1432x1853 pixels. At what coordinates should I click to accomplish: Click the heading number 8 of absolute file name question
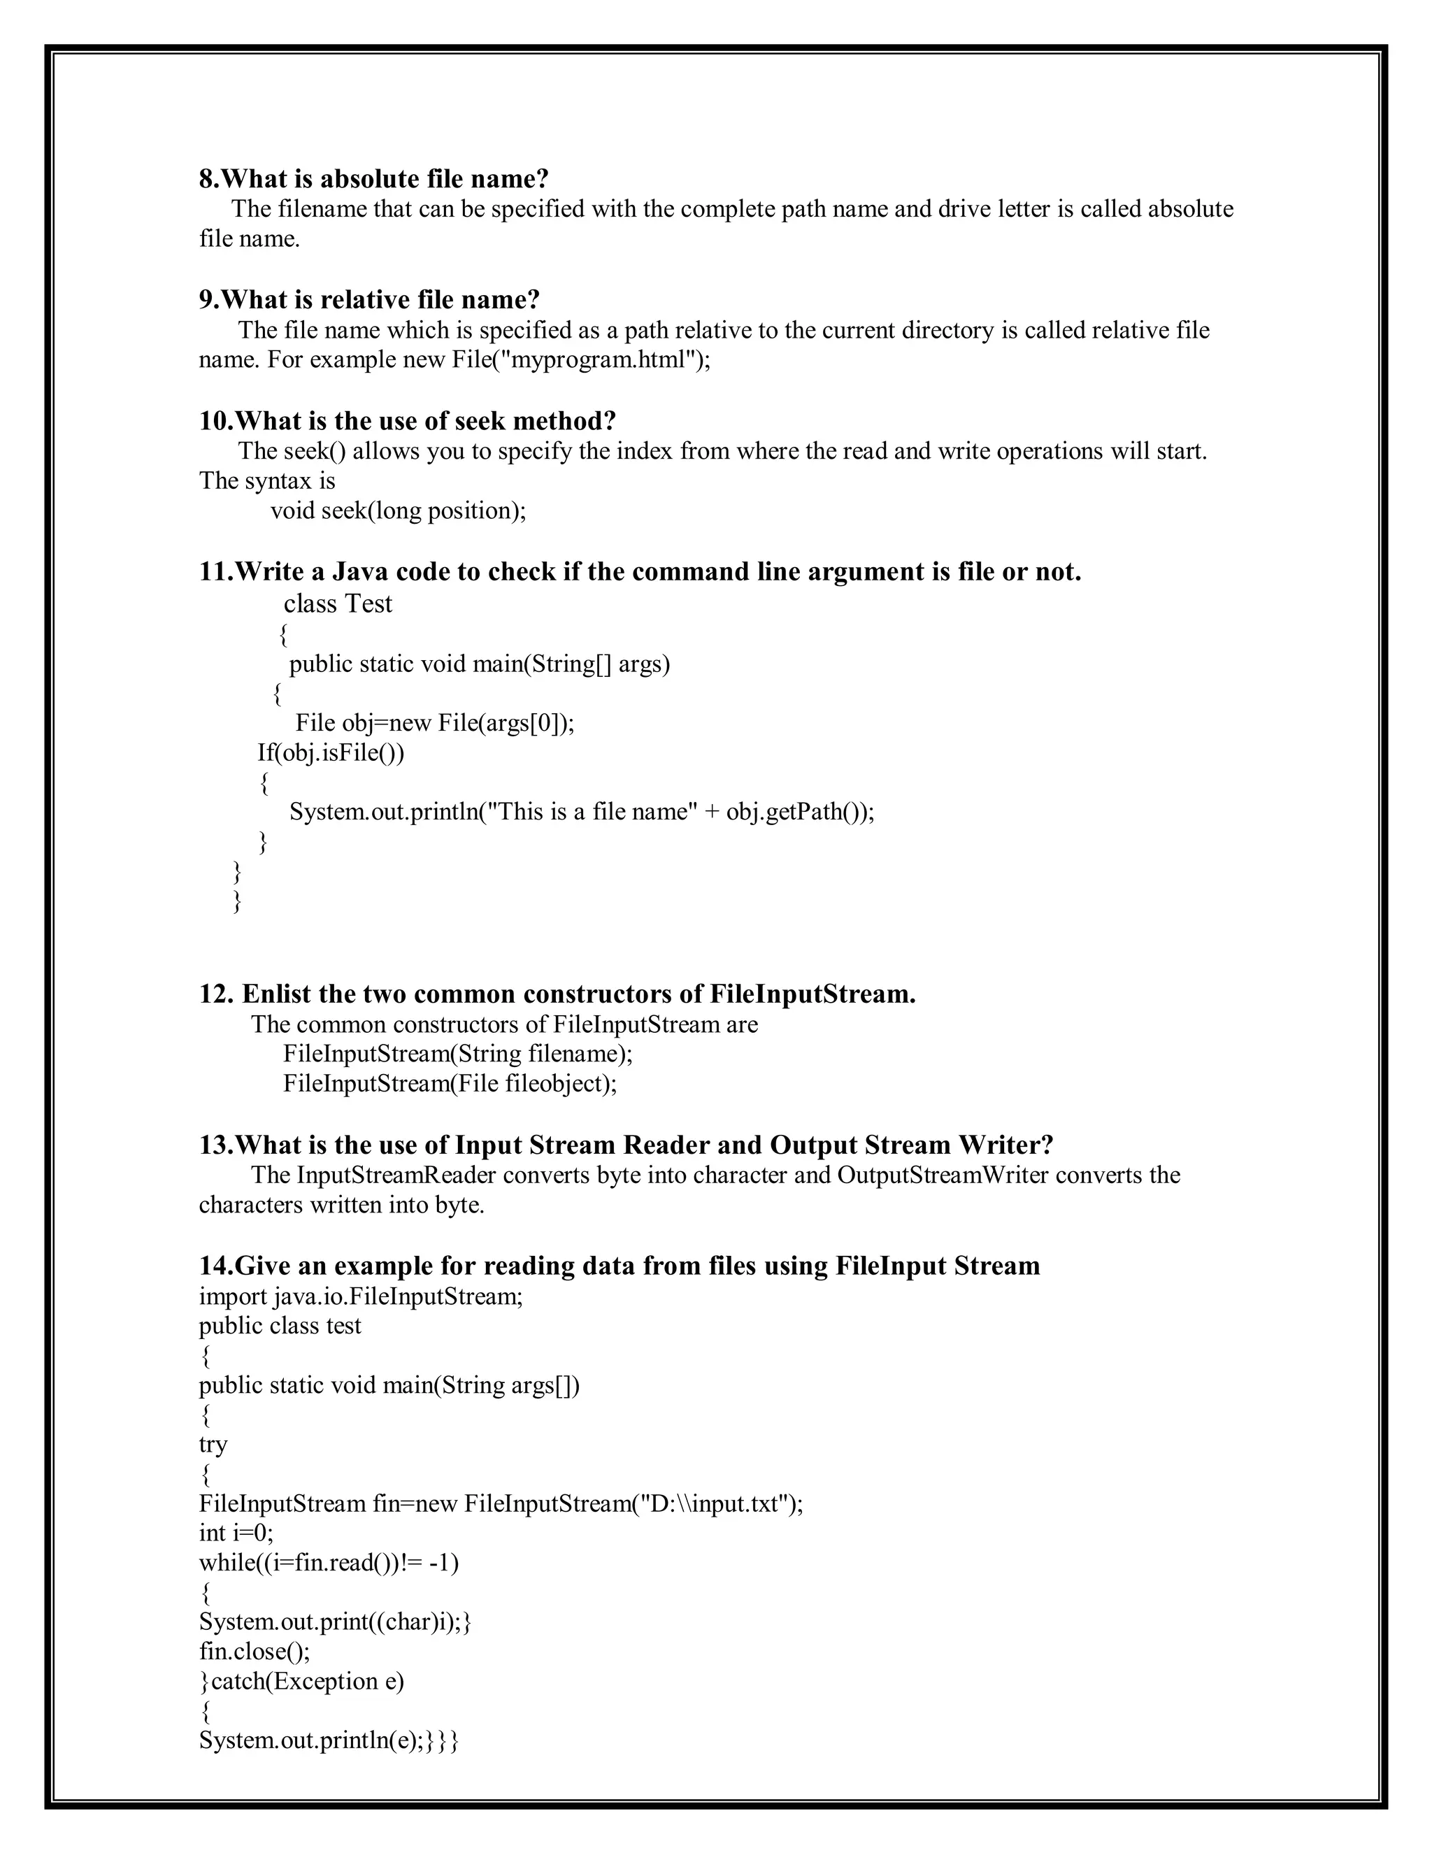tap(208, 179)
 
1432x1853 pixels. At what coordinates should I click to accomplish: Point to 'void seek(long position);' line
tap(398, 510)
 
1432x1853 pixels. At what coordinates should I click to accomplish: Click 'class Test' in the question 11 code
tap(338, 604)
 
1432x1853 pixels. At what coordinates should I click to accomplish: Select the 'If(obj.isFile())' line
tap(331, 752)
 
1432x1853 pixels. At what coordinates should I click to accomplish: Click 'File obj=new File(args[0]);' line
tap(434, 723)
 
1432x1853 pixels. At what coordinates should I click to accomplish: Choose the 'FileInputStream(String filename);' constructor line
tap(458, 1054)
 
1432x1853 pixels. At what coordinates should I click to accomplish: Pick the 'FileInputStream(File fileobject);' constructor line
tap(450, 1083)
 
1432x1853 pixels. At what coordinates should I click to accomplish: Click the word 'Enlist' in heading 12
tap(280, 994)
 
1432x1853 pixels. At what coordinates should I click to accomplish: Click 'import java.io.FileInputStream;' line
tap(361, 1296)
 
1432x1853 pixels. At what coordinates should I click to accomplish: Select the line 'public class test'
tap(280, 1326)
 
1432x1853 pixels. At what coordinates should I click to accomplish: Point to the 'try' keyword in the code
tap(213, 1445)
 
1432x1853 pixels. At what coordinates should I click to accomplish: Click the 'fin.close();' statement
tap(255, 1652)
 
